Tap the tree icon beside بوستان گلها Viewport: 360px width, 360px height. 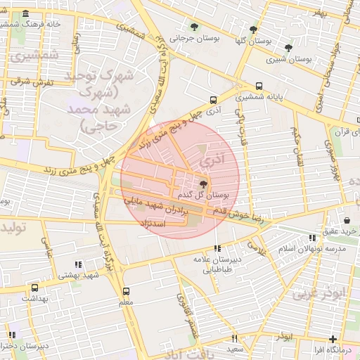coord(253,30)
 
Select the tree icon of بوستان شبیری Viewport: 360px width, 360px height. coord(288,48)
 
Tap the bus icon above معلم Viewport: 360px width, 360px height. coord(127,291)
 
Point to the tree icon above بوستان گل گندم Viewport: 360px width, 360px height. coord(203,183)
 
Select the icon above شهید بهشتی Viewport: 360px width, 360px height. coord(78,264)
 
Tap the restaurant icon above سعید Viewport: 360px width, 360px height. coord(234,337)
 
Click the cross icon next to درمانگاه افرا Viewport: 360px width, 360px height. coord(332,339)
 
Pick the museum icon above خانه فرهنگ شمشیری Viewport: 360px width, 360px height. coord(26,14)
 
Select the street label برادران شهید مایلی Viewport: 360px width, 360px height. coord(155,205)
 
